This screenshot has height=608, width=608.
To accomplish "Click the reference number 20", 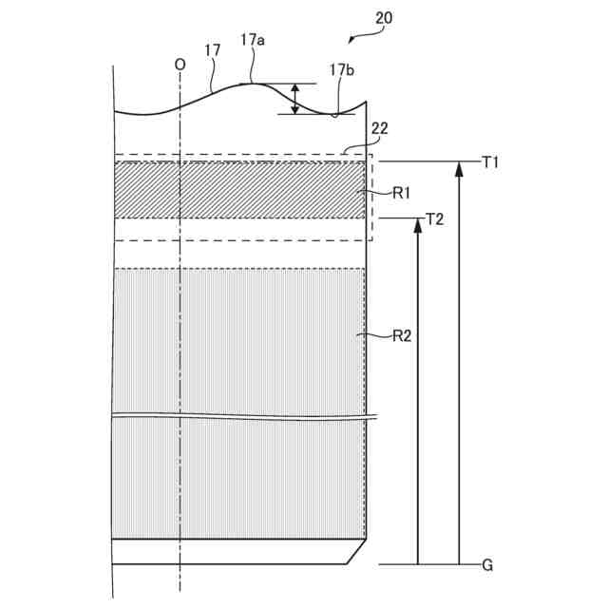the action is [x=384, y=18].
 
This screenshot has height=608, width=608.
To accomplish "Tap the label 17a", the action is [x=252, y=40].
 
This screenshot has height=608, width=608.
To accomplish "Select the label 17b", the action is [x=343, y=69].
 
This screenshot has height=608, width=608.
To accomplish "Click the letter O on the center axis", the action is [x=180, y=64].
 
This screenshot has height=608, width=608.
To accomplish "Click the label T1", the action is [x=490, y=162].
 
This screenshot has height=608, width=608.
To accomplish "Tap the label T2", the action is [x=435, y=219].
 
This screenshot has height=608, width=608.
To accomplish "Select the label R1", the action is [x=401, y=192].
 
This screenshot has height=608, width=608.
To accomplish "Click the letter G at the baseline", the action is [x=487, y=565].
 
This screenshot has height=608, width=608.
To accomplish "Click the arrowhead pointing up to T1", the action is [x=459, y=168].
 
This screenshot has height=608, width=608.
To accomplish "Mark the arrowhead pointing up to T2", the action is [x=418, y=225].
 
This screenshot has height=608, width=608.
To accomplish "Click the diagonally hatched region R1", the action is [x=237, y=190].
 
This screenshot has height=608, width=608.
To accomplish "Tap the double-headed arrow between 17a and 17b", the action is [x=295, y=99].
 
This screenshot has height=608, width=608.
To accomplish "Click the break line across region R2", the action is [x=237, y=416].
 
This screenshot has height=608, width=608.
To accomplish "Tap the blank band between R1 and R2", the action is [x=237, y=230].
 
